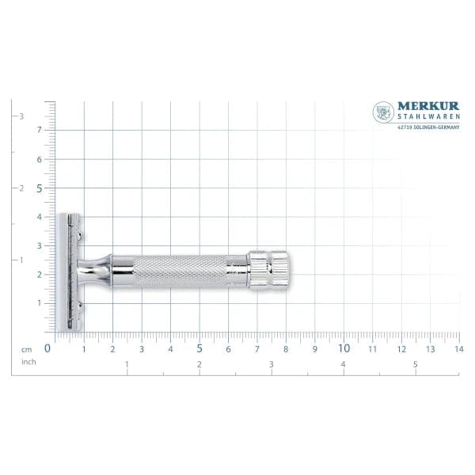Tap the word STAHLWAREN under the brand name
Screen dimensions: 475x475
427,118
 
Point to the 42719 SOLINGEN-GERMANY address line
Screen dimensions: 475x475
427,126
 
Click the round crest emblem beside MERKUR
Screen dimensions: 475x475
383,112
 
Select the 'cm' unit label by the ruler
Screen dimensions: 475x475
26,348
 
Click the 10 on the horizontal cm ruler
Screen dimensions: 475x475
344,348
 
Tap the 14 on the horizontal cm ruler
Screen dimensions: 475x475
459,348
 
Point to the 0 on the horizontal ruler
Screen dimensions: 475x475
47,348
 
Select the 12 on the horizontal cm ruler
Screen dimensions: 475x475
401,348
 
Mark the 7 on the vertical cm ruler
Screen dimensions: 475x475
39,130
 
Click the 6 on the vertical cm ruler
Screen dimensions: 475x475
39,159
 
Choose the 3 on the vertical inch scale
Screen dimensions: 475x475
21,116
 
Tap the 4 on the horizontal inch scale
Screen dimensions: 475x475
343,364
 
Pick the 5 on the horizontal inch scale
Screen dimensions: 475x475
415,364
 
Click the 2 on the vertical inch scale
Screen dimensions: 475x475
21,188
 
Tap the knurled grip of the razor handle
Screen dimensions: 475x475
178,270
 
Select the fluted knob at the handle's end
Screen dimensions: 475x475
268,268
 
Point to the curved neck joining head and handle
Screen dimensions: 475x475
98,270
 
